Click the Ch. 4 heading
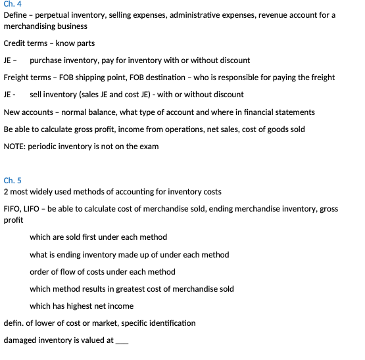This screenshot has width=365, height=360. tap(12, 5)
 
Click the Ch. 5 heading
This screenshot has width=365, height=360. tap(12, 180)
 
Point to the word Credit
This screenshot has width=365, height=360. tap(15, 43)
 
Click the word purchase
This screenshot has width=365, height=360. tap(47, 60)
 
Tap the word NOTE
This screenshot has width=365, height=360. tap(15, 146)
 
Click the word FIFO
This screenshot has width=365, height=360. tap(12, 209)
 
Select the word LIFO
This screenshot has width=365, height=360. tap(34, 209)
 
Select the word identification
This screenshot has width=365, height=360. tap(170, 323)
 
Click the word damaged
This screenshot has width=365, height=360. tap(21, 340)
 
